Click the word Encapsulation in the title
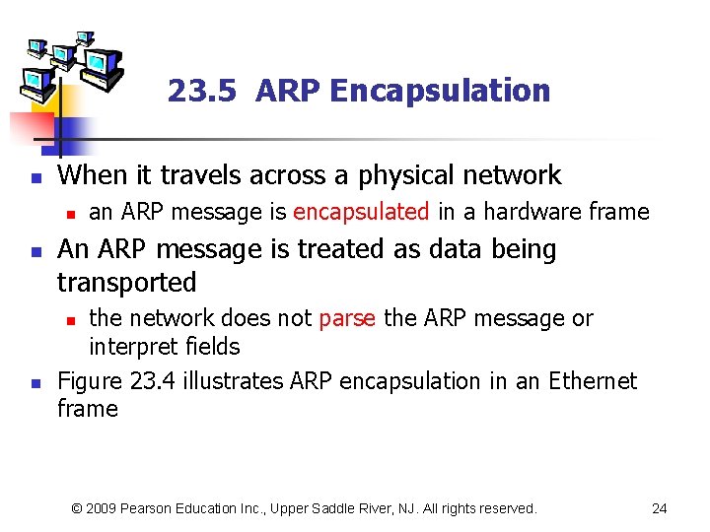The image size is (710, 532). click(440, 91)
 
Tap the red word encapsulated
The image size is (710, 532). click(361, 212)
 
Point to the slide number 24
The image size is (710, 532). click(660, 508)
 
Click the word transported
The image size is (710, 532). click(127, 283)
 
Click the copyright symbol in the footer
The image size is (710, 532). click(78, 508)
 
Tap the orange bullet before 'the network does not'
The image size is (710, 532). click(68, 319)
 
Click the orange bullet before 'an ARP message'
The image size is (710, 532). click(68, 213)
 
